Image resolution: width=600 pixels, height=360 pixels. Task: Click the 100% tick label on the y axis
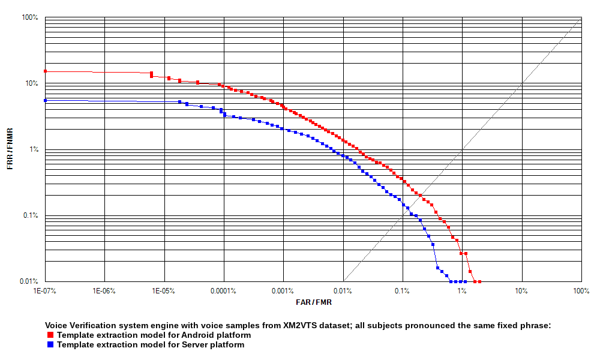tap(30, 17)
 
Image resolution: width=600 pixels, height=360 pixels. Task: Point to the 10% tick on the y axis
tap(31, 83)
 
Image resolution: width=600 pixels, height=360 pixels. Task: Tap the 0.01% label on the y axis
tap(29, 281)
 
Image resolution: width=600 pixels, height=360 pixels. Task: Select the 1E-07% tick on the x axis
tap(45, 291)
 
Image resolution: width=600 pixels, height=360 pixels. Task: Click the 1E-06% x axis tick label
tap(104, 291)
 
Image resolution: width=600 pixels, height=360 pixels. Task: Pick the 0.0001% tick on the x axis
tap(223, 291)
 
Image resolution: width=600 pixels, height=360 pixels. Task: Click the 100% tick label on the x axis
tap(581, 291)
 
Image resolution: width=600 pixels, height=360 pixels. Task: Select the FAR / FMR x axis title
tap(313, 302)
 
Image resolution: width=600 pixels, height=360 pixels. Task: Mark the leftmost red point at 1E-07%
tap(45, 71)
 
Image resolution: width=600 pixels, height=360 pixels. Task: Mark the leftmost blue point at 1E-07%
tap(45, 100)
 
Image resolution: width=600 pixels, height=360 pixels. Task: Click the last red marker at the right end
tap(479, 281)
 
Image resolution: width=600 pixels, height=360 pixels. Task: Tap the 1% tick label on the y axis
tap(32, 149)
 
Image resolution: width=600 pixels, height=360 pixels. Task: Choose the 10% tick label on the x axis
tap(521, 291)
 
